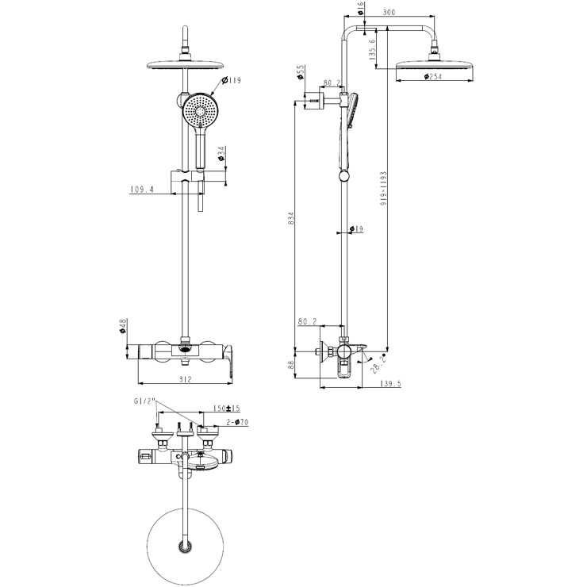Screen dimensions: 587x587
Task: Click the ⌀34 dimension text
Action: click(x=221, y=152)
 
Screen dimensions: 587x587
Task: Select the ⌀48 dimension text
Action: click(x=123, y=327)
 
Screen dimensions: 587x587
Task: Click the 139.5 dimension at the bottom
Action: click(x=391, y=384)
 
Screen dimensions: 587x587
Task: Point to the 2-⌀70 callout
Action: click(x=237, y=422)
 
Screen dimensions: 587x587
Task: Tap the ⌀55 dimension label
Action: click(x=301, y=74)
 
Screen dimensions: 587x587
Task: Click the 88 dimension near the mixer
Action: click(x=291, y=366)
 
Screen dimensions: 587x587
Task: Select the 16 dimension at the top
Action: click(x=362, y=9)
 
